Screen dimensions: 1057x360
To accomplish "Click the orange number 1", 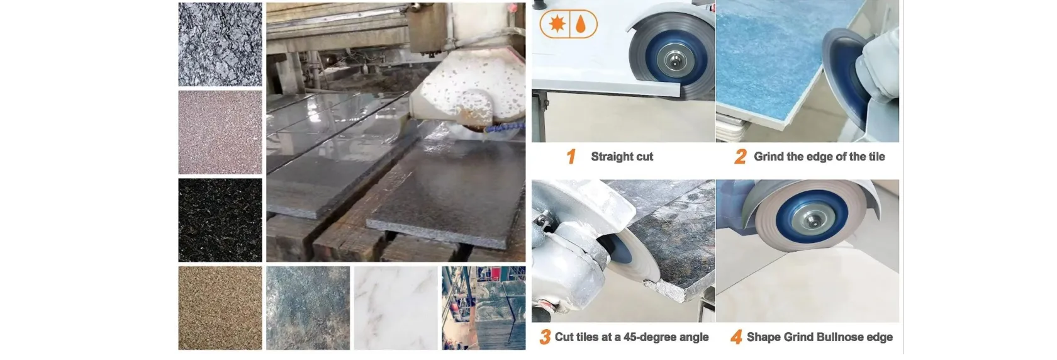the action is [571, 157].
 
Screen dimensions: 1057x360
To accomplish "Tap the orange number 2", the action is [741, 157].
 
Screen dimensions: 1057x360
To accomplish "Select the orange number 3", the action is [545, 337].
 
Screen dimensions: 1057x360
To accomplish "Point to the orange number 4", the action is [737, 337].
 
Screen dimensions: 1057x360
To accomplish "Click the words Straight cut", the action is [622, 157].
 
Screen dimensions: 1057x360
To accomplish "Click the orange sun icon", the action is [557, 23].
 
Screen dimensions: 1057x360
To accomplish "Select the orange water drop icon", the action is [581, 24].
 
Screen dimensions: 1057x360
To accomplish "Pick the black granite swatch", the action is [220, 220].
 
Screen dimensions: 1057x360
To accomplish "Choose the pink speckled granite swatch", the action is [220, 132].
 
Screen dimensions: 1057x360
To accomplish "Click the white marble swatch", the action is [396, 308].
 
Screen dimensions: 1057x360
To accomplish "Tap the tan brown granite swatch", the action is [220, 308].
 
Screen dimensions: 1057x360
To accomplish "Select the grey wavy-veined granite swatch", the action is [220, 44].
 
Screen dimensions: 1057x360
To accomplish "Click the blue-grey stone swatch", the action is [308, 308].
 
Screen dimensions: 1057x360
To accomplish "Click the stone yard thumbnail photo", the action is [484, 308].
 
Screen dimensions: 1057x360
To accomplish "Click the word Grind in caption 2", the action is [769, 157].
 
